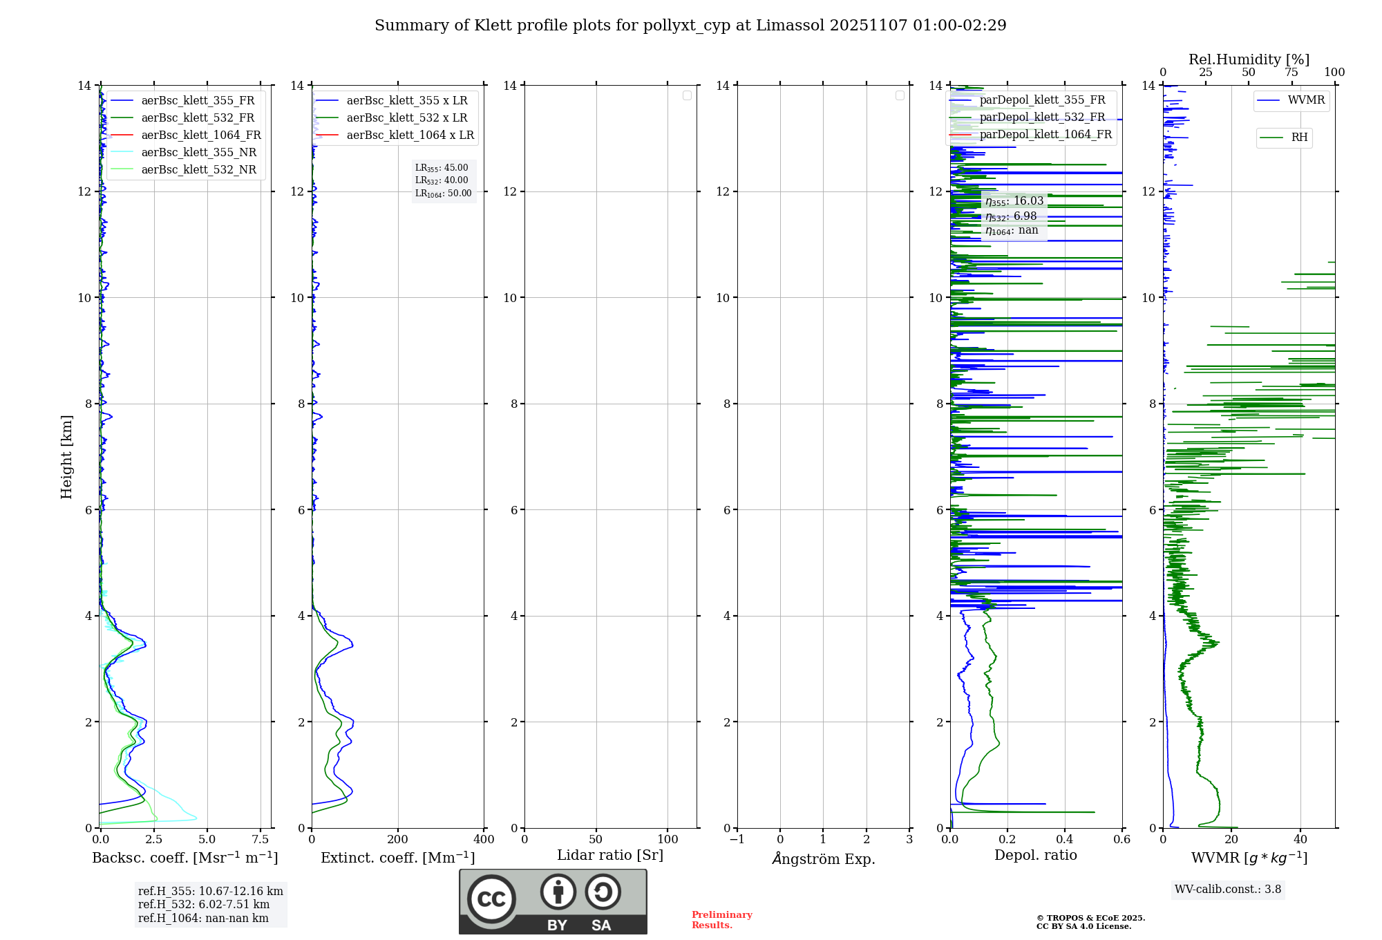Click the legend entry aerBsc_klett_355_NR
198,152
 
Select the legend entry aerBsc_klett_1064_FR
200,135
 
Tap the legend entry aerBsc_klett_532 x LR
406,117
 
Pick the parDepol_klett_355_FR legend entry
1042,100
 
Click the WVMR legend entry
1306,100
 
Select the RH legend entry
1299,138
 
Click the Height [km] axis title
66,456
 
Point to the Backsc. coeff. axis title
184,858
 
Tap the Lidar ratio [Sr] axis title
610,855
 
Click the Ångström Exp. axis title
823,858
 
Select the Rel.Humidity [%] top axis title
1249,59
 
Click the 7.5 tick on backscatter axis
261,840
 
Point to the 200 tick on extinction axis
397,840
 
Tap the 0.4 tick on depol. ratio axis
1065,840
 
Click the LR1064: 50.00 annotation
444,194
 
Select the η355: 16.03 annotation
1014,201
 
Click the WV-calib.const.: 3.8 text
1228,890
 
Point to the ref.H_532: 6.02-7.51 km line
204,905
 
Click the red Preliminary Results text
721,920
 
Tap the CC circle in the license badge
491,899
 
